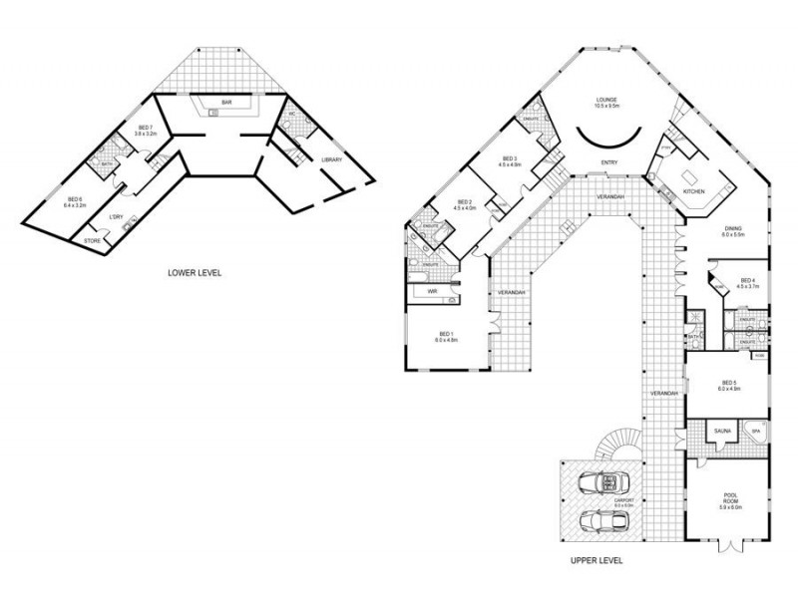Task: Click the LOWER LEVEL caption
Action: pyautogui.click(x=195, y=271)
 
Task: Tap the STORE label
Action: pyautogui.click(x=92, y=240)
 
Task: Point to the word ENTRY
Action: pyautogui.click(x=608, y=162)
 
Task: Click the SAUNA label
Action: pyautogui.click(x=722, y=431)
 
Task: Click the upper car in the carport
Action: pyautogui.click(x=598, y=482)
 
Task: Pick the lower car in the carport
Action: pyautogui.click(x=600, y=520)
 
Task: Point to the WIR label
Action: pyautogui.click(x=433, y=291)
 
